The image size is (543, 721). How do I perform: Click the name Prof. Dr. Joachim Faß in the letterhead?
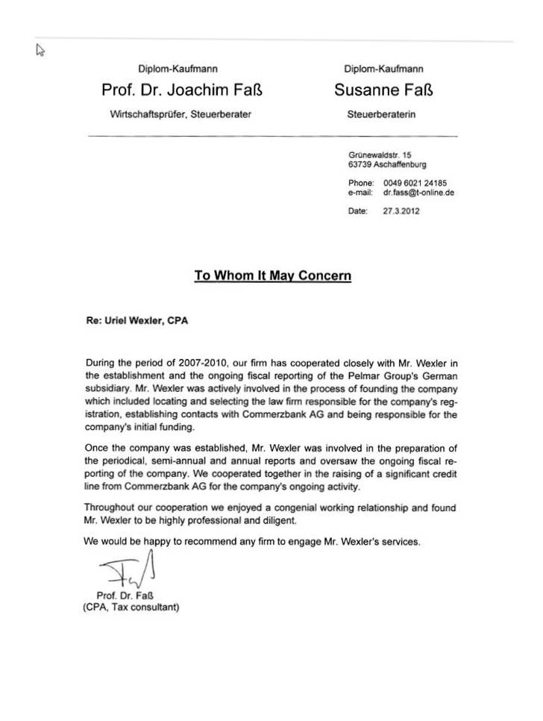click(x=181, y=92)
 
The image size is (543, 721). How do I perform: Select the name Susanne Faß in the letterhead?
click(x=385, y=92)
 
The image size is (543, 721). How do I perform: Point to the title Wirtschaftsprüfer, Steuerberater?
click(x=181, y=115)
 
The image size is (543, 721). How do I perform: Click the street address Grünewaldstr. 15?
click(x=380, y=155)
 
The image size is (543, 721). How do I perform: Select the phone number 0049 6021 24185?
click(x=415, y=183)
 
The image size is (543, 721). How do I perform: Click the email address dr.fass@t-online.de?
click(x=418, y=192)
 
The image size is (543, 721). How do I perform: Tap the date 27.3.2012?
click(x=401, y=211)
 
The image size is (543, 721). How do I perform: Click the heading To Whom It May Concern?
click(x=272, y=275)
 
